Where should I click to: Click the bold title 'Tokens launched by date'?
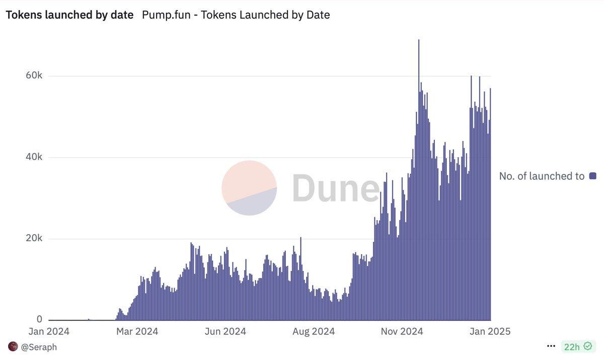coord(69,15)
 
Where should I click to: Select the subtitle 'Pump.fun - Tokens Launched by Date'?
coord(236,15)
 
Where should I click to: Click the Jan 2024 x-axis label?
coord(49,331)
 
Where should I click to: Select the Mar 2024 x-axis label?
coord(136,331)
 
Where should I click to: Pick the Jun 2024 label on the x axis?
coord(225,331)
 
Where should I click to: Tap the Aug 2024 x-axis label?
coord(313,331)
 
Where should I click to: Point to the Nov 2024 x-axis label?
coord(402,331)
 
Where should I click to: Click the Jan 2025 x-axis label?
coord(490,331)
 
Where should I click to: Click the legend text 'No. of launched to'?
coord(542,176)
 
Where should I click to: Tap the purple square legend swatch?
coord(592,176)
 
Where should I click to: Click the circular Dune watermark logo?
coord(249,188)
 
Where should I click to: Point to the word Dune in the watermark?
coord(335,188)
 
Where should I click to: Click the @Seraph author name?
coord(39,347)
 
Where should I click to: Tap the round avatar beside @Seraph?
coord(13,346)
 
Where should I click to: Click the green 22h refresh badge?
coord(578,346)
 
